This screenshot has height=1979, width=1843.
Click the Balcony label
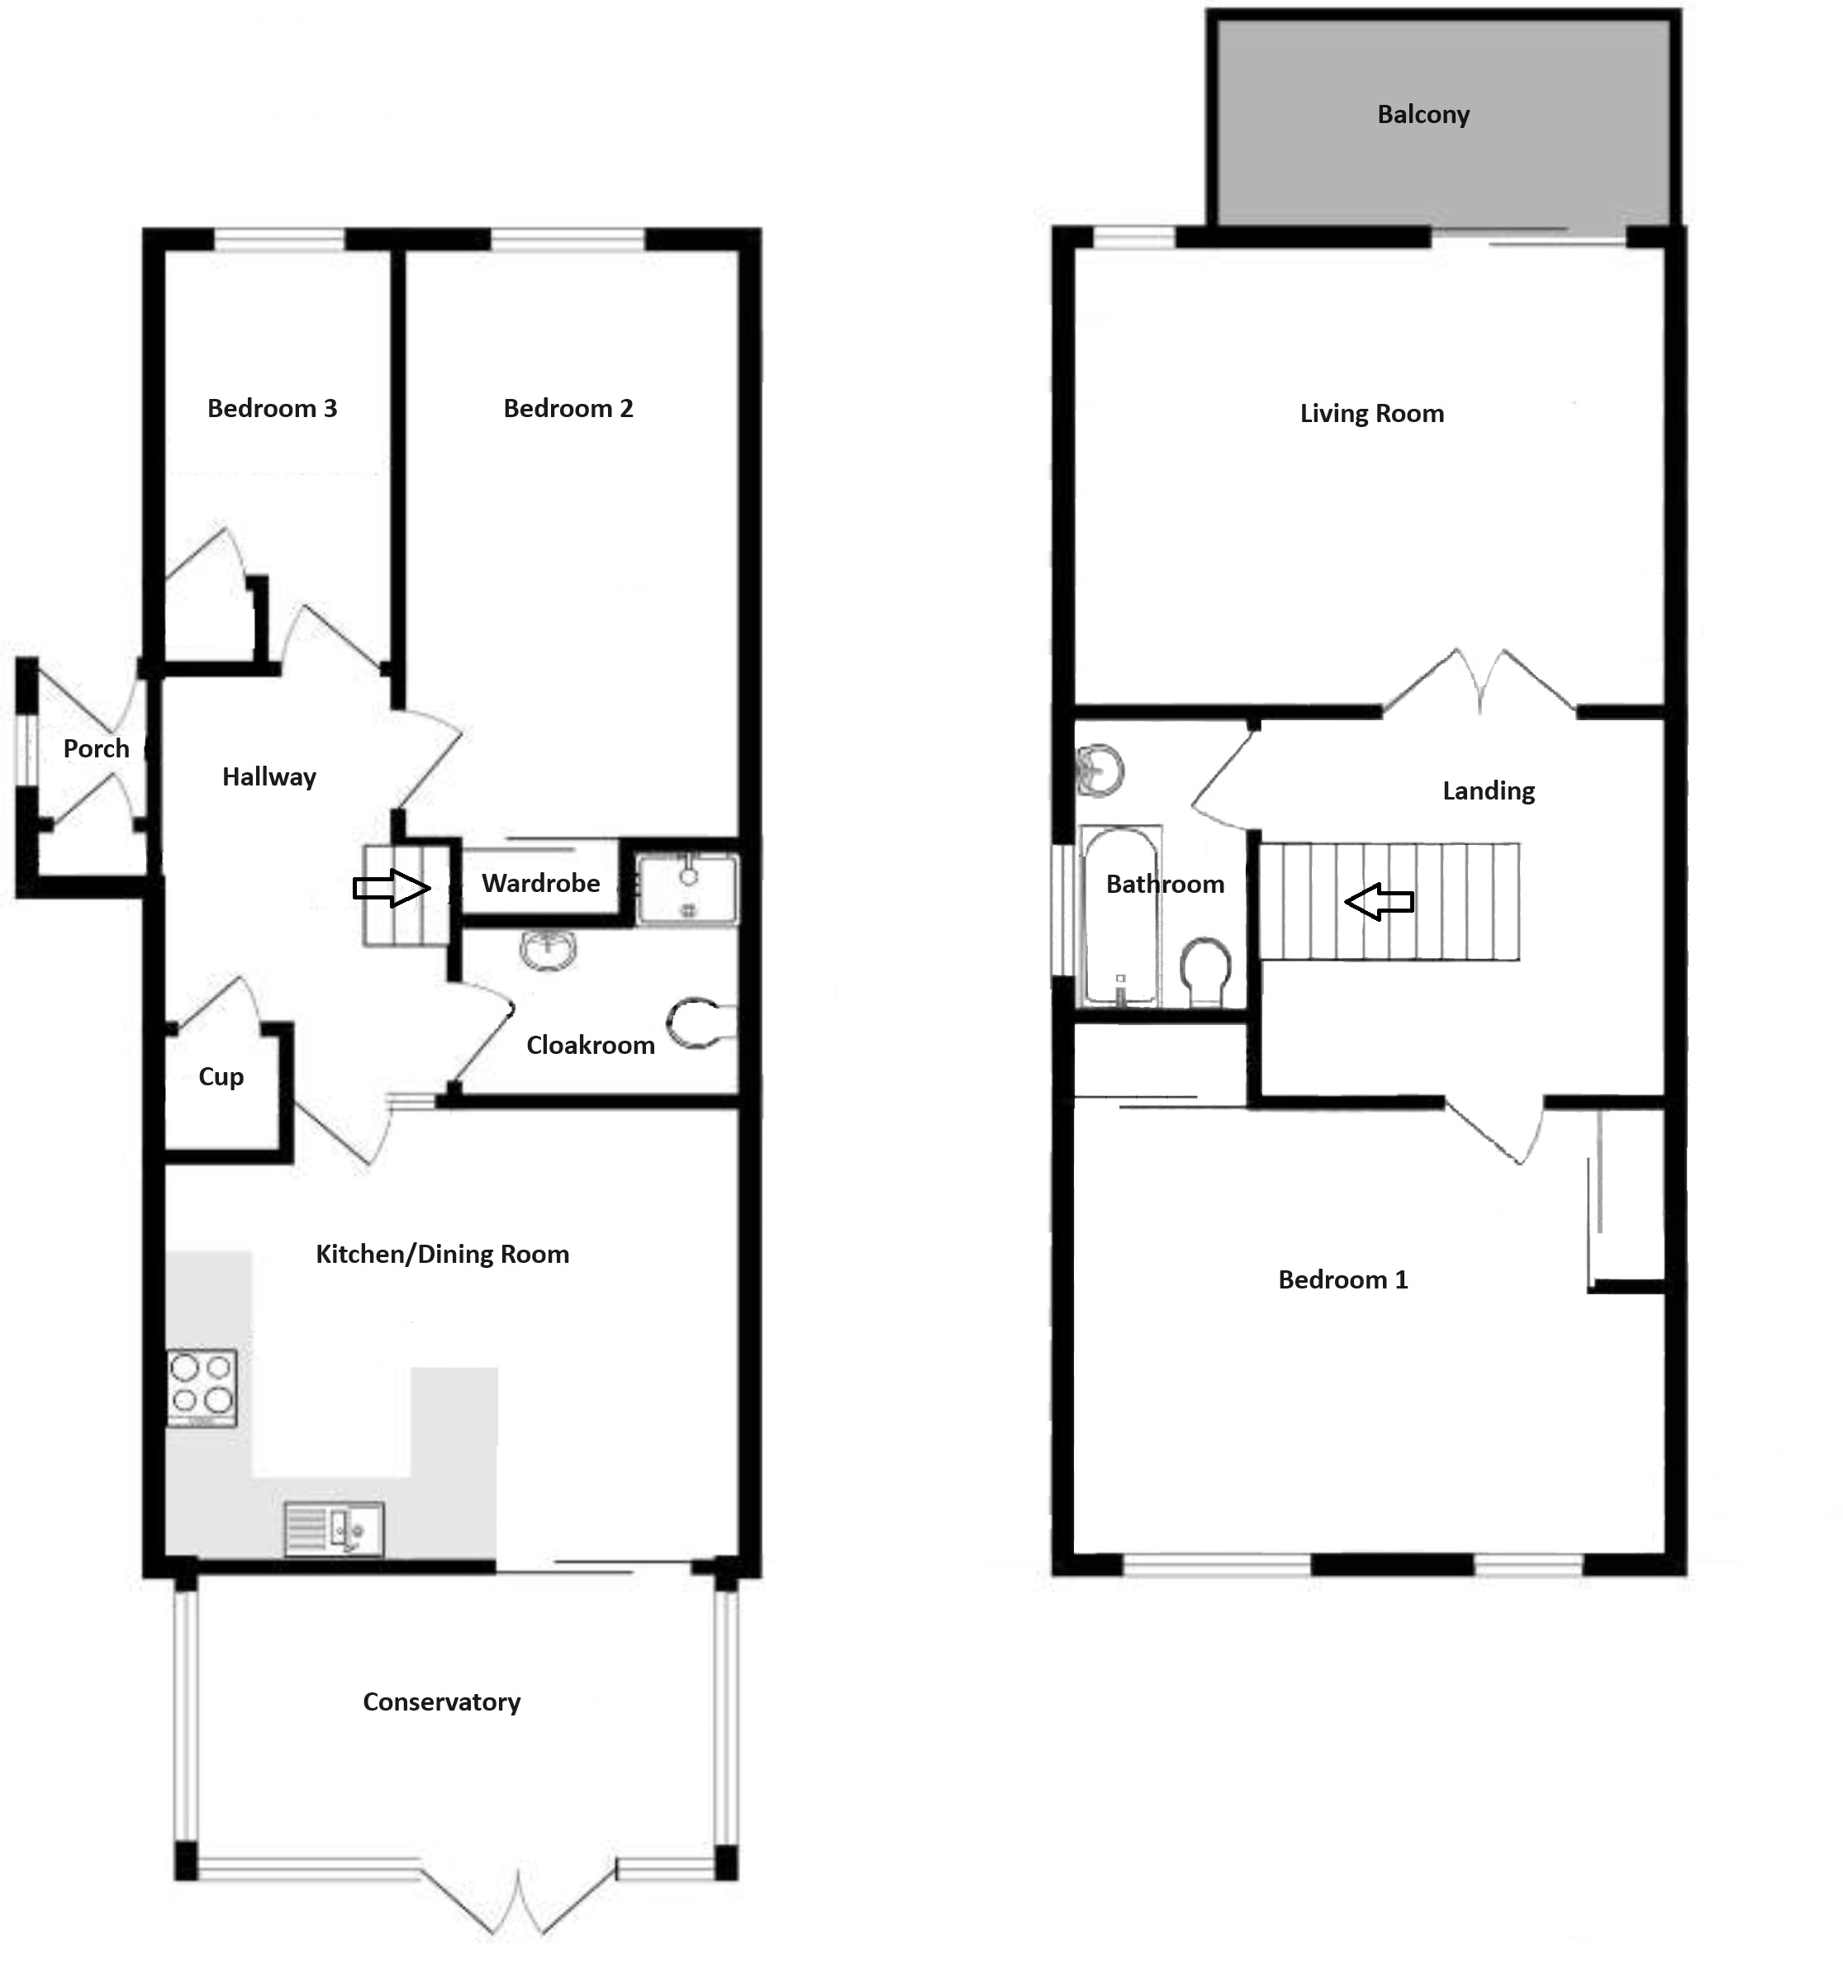(x=1423, y=116)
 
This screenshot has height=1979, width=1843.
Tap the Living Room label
(x=1371, y=414)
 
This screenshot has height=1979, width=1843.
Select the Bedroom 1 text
(x=1342, y=1279)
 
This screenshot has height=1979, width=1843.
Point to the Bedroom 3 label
(x=272, y=408)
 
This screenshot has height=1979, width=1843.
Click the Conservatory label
(x=441, y=1701)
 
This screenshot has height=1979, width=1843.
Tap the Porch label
(x=97, y=748)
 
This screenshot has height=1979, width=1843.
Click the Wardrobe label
(x=540, y=883)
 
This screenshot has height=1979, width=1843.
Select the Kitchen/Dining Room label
(x=442, y=1255)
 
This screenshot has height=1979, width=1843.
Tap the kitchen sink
(x=334, y=1528)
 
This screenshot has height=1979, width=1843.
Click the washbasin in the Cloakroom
(x=548, y=950)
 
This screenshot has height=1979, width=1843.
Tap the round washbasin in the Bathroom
(x=1100, y=771)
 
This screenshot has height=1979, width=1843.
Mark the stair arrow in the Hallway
(x=392, y=887)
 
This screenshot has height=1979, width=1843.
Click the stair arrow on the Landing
(x=1379, y=902)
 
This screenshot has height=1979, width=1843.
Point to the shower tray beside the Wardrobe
(x=687, y=889)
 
